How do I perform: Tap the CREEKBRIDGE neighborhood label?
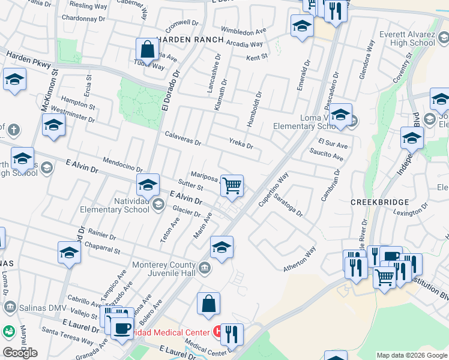(x=381, y=203)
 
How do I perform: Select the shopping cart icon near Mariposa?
(x=232, y=185)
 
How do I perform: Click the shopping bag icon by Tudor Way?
(x=147, y=50)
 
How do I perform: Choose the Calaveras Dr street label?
(x=182, y=140)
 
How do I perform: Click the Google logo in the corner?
(x=20, y=353)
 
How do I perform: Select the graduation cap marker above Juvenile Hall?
(x=221, y=247)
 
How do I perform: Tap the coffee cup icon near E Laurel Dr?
(x=123, y=329)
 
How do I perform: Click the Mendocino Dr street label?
(x=122, y=165)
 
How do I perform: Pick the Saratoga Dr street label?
(x=288, y=204)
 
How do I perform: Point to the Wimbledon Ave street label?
(x=243, y=30)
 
